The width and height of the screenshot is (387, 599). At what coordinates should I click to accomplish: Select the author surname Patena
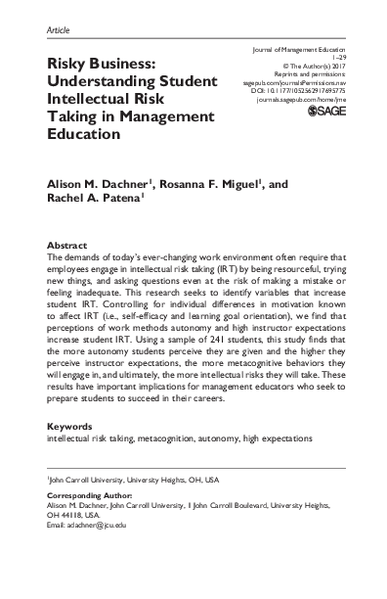pyautogui.click(x=122, y=203)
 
